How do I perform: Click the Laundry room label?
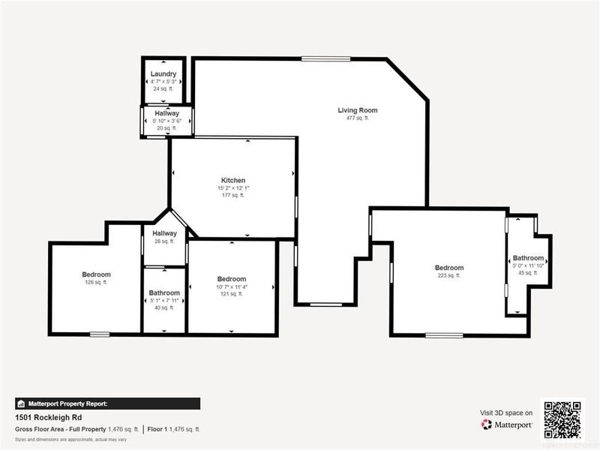(x=163, y=73)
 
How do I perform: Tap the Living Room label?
(x=357, y=110)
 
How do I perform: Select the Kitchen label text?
(x=232, y=180)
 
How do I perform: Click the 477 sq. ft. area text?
(x=357, y=118)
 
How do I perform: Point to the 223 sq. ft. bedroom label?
(x=449, y=268)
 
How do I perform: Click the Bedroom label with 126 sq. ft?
(x=96, y=274)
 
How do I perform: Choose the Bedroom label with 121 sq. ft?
(x=231, y=279)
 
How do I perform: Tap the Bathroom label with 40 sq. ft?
(x=164, y=292)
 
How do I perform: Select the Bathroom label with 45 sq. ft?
(x=528, y=258)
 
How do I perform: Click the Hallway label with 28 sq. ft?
(x=164, y=233)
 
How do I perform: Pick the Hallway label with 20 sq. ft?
(x=166, y=113)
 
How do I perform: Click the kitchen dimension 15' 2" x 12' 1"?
(x=232, y=187)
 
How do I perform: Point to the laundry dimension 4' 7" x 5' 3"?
(x=163, y=81)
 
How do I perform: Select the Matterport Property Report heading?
(x=67, y=403)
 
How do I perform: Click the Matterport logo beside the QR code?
(x=507, y=424)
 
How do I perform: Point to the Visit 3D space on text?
(x=506, y=412)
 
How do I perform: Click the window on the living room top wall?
(x=325, y=58)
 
